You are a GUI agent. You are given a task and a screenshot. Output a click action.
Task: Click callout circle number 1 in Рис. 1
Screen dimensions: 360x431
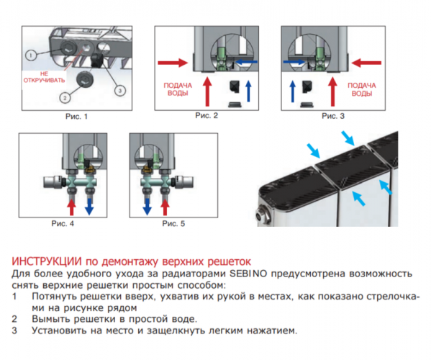coord(30,55)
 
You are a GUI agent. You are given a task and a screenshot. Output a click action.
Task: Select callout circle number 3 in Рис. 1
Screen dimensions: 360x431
coord(119,89)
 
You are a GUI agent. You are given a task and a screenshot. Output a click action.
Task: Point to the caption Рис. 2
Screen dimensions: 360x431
coord(207,115)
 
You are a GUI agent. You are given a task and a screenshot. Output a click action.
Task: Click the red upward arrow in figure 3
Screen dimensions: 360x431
coord(333,91)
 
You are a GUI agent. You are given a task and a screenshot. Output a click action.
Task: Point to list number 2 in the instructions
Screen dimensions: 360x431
coord(16,318)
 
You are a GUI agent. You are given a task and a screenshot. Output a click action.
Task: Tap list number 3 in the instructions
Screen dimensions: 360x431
coord(16,330)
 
